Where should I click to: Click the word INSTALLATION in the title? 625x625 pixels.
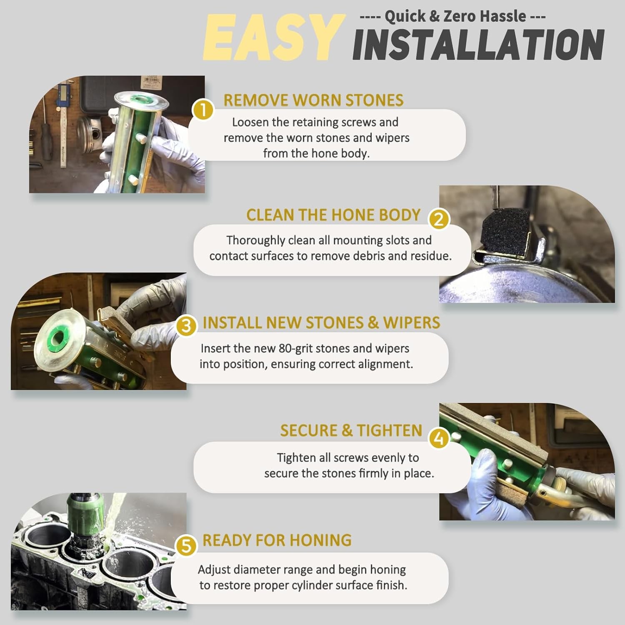click(478, 45)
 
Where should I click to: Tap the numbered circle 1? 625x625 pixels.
click(203, 111)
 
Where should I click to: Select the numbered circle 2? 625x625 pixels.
click(438, 219)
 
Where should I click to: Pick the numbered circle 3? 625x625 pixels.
click(186, 326)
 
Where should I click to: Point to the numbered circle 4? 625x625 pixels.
click(438, 438)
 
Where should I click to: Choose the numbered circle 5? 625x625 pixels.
click(186, 545)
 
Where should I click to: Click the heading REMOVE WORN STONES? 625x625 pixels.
click(313, 100)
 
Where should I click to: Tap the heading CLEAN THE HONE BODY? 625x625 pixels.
click(333, 215)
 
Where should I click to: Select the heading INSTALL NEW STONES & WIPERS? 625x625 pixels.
click(321, 323)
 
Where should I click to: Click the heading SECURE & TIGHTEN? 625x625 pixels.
click(351, 430)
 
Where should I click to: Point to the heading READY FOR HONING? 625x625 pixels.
click(277, 540)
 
